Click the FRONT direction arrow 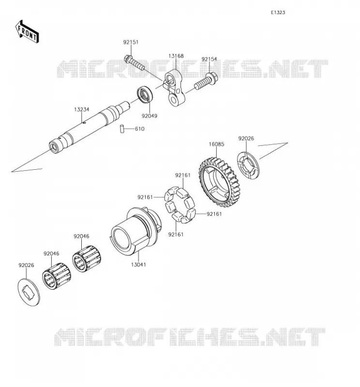coord(27,32)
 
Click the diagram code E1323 coord(278,13)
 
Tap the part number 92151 coord(131,42)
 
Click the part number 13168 coord(176,56)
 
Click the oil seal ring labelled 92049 coord(145,94)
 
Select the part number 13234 coord(82,109)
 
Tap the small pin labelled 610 coord(122,129)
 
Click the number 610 coord(139,129)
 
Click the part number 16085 coord(216,144)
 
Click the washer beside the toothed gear coord(248,165)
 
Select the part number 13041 coord(138,265)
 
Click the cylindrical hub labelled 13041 coord(135,231)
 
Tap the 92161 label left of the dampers coord(145,197)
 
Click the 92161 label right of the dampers coord(214,214)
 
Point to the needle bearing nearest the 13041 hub coord(87,259)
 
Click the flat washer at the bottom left coord(29,292)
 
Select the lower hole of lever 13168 coord(174,100)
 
